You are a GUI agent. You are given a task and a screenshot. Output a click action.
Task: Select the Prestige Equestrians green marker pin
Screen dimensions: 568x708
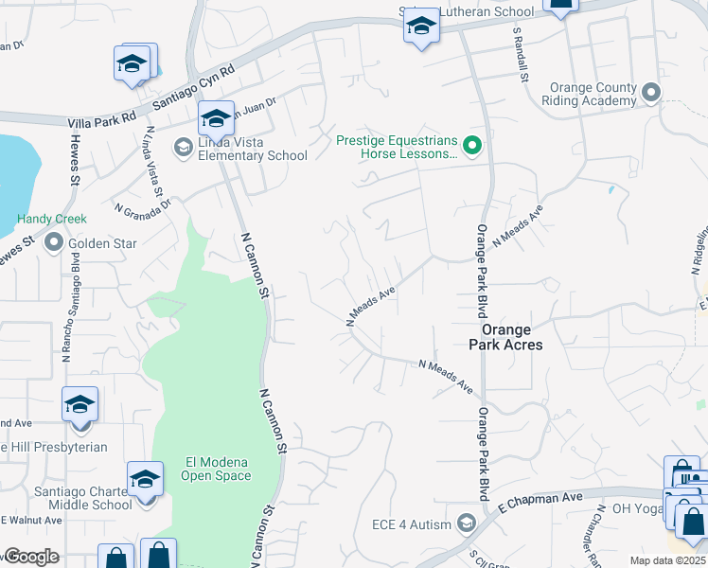[x=475, y=146]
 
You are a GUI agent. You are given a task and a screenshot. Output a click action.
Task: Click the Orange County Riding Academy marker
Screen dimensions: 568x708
[x=649, y=93]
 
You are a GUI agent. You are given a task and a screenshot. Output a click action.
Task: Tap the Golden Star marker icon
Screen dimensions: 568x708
[x=53, y=243]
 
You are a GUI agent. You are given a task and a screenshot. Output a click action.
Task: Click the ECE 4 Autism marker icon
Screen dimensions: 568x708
[x=465, y=523]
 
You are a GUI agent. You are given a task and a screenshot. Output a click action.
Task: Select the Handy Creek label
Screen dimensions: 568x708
[x=52, y=219]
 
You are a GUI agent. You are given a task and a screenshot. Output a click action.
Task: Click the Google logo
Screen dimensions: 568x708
[x=31, y=557]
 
